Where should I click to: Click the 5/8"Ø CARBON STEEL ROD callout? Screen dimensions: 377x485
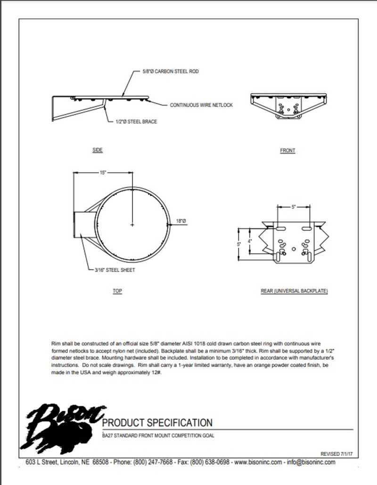click(x=171, y=72)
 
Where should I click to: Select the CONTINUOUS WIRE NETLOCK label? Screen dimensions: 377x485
click(x=201, y=105)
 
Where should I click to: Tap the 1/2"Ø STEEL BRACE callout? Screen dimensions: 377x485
click(x=136, y=121)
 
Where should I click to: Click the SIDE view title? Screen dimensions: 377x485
click(x=98, y=150)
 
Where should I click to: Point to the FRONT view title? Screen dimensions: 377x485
click(x=287, y=151)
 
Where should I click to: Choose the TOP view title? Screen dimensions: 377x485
click(x=117, y=291)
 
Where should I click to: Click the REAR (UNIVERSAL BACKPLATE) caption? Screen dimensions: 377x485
click(x=295, y=291)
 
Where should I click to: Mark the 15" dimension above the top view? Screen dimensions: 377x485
click(x=103, y=173)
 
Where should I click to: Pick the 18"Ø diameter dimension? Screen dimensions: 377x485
click(x=181, y=221)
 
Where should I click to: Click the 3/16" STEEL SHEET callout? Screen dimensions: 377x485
click(x=115, y=270)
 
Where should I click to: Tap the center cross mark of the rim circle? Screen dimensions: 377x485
click(x=132, y=225)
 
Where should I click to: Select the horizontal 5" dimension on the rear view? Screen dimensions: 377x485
click(x=294, y=207)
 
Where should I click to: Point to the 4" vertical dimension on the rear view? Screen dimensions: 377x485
click(x=250, y=241)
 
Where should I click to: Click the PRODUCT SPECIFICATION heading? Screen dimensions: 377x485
click(x=157, y=423)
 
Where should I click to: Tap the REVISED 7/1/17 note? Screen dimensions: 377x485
click(x=336, y=454)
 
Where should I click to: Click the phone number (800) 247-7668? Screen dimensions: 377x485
click(x=153, y=462)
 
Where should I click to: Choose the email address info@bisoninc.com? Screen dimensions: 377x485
click(x=311, y=462)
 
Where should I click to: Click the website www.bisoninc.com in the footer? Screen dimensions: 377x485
click(x=258, y=462)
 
